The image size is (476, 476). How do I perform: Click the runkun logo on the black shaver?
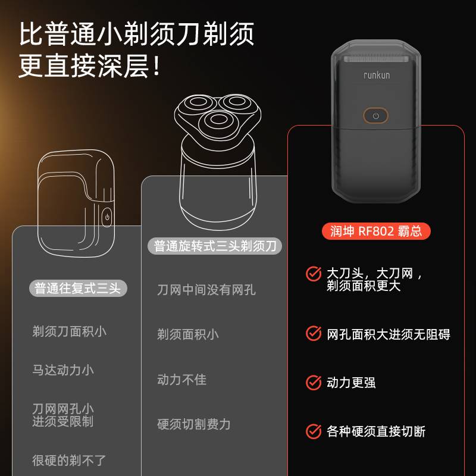click(377, 75)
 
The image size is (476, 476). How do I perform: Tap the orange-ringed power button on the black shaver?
click(375, 115)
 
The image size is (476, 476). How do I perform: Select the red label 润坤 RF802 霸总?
click(376, 231)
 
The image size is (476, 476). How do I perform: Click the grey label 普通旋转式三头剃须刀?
click(215, 246)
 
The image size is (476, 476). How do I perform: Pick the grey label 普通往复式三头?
click(78, 288)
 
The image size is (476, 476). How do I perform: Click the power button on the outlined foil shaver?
click(107, 217)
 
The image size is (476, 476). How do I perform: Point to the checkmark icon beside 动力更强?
click(314, 383)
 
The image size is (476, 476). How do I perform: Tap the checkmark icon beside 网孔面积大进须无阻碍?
click(314, 334)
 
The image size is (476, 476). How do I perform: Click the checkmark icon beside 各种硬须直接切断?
click(314, 431)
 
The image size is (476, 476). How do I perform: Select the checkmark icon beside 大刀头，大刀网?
click(314, 274)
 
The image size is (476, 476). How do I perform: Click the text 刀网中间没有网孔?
click(206, 290)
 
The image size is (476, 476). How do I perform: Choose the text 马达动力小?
click(63, 370)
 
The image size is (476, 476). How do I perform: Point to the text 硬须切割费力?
click(194, 424)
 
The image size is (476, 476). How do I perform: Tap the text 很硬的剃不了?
click(69, 460)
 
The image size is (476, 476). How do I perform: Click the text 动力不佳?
click(181, 380)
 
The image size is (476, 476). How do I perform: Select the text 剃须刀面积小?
click(69, 331)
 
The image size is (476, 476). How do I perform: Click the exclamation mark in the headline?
click(156, 65)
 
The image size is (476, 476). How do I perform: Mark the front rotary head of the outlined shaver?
click(218, 119)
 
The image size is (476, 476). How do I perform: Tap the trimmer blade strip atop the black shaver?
click(376, 58)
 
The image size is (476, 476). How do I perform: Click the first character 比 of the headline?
click(32, 34)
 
